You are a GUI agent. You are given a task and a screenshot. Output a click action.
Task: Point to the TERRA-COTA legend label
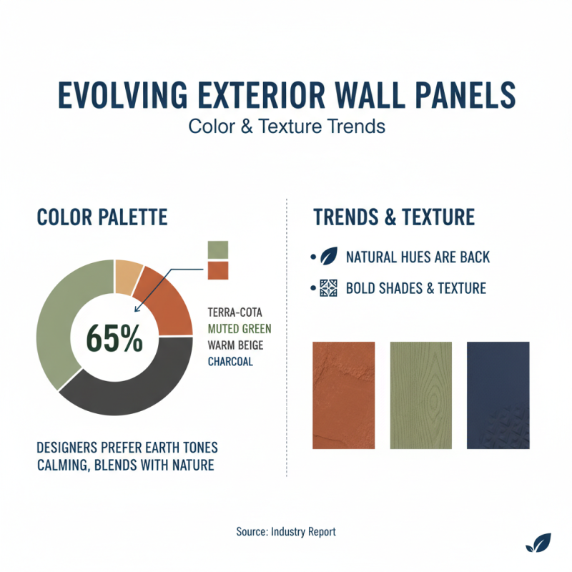[x=235, y=314]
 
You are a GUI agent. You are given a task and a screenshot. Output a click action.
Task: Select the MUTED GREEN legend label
[x=240, y=330]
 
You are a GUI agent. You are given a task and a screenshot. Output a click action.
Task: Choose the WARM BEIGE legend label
[x=237, y=345]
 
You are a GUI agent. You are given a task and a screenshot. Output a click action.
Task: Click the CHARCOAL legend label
[x=230, y=361]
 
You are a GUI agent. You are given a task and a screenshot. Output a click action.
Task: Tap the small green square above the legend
[x=217, y=249]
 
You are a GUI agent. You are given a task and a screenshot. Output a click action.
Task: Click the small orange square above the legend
[x=217, y=270]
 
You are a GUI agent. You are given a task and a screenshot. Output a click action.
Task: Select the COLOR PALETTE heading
[x=102, y=217]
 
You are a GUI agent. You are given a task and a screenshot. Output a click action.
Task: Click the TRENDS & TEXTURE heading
[x=394, y=217]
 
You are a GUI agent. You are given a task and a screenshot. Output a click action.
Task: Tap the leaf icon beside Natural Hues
[x=329, y=257]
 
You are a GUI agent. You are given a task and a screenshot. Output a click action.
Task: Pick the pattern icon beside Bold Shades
[x=329, y=288]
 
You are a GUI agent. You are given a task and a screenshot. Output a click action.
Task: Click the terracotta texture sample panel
[x=345, y=395]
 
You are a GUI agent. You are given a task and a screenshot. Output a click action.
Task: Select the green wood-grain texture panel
[x=421, y=395]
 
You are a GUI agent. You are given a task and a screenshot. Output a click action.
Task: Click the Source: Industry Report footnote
[x=285, y=531]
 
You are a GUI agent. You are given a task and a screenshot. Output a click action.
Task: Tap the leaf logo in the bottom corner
[x=538, y=543]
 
